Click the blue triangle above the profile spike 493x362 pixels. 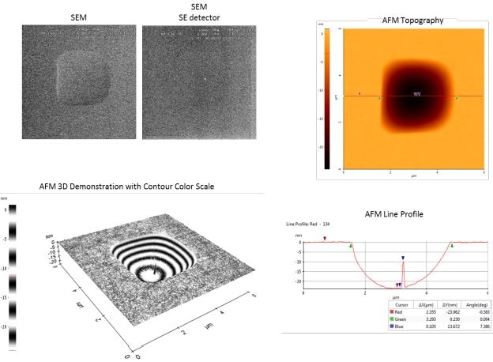[403, 258]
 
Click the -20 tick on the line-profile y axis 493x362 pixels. [299, 281]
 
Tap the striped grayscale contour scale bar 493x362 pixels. [11, 277]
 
